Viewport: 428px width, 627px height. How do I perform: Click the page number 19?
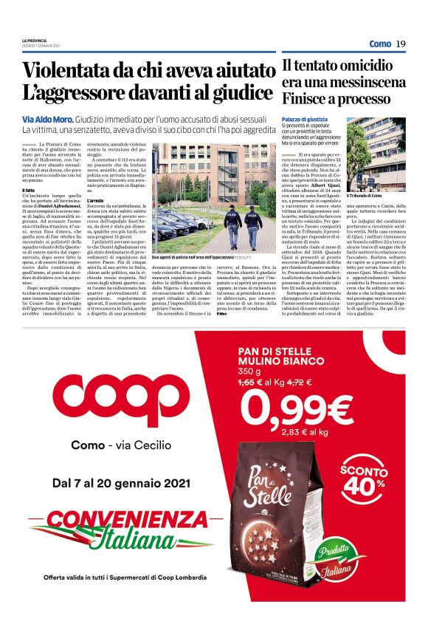[x=401, y=44]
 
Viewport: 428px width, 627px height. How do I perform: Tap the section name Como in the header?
[x=380, y=44]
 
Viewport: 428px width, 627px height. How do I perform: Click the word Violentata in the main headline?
[x=72, y=71]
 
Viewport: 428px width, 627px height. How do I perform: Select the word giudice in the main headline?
[x=241, y=94]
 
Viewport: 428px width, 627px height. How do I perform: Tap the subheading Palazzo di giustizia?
[x=305, y=119]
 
